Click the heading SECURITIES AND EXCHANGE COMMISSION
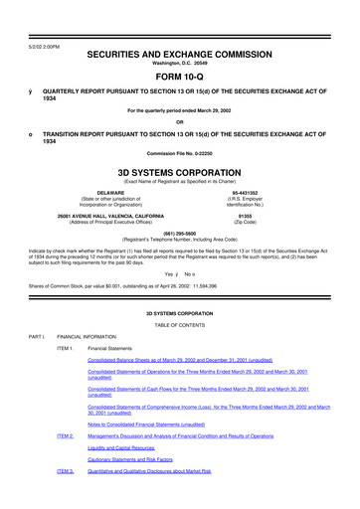(x=179, y=32)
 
